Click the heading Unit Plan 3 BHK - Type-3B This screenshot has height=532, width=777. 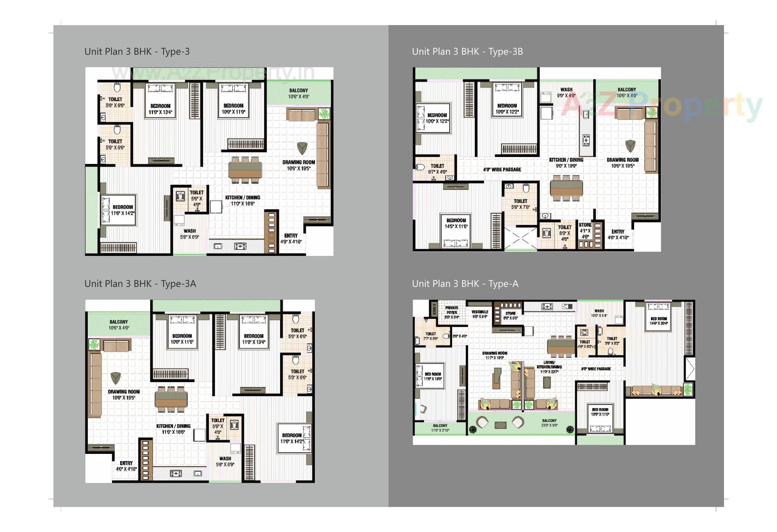[x=467, y=51]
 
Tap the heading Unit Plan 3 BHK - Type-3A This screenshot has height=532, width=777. [x=140, y=283]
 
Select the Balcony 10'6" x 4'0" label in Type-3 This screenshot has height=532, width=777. [x=299, y=94]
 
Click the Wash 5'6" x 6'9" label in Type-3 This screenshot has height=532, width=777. [x=189, y=234]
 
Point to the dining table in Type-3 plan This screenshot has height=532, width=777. [x=245, y=169]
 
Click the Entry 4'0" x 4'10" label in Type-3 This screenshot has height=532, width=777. [x=291, y=238]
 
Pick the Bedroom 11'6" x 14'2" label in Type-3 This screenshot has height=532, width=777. [x=123, y=210]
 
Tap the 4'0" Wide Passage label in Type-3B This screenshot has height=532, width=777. [x=502, y=169]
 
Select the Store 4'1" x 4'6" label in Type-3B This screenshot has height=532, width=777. [x=585, y=230]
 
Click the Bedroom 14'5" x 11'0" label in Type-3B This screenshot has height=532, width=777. [x=456, y=223]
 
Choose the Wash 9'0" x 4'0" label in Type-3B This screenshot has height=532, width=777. [x=566, y=92]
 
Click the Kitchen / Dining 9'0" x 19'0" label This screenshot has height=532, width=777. [x=566, y=162]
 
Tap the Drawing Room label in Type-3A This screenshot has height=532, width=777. [x=124, y=394]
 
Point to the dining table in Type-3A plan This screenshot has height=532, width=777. [x=171, y=399]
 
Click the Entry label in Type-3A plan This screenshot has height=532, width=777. [x=126, y=466]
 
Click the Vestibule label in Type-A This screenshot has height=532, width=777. [x=480, y=314]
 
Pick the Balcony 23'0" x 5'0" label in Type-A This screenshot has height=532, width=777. [x=549, y=423]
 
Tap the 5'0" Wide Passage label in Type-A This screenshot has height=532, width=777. [x=596, y=369]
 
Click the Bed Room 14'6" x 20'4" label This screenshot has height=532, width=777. [x=658, y=321]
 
